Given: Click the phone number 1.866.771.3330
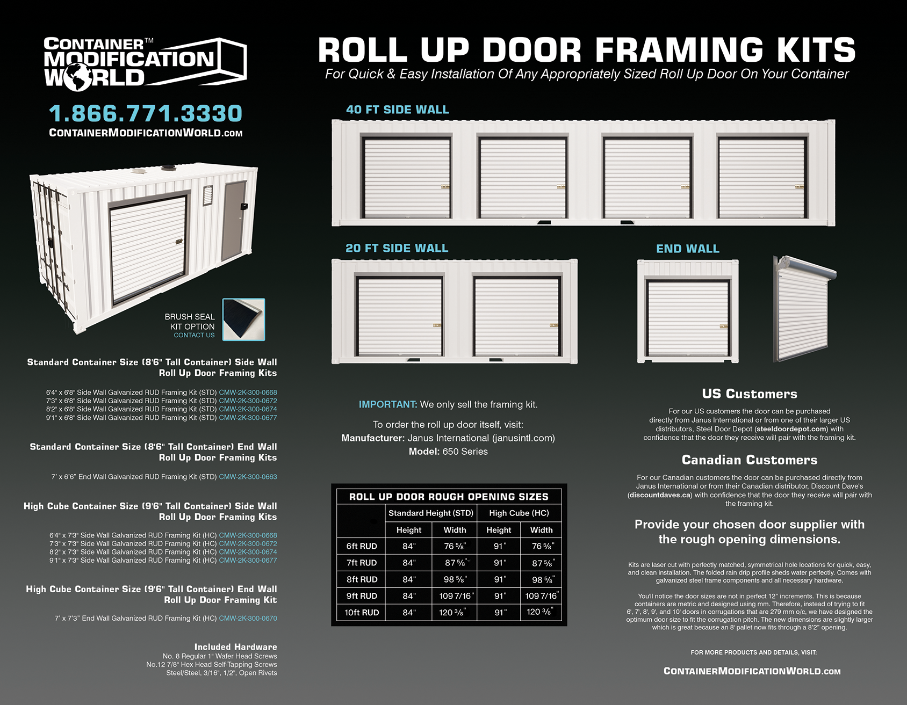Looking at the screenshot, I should (146, 113).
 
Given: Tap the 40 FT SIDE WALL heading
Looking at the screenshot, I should (397, 110).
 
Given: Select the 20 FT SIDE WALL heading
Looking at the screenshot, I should (397, 248).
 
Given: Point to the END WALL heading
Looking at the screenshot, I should (687, 249).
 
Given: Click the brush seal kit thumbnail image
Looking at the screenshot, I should (243, 319).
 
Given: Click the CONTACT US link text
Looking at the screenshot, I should (194, 335).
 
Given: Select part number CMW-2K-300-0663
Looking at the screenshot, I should (248, 477).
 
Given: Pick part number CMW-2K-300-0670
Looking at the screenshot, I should (248, 619).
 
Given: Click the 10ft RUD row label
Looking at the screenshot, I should (362, 613).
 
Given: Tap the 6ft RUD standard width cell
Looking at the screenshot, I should (455, 546).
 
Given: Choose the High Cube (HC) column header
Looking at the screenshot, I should (519, 513).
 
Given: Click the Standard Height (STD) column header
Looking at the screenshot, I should (430, 513).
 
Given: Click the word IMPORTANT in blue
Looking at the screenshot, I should (387, 404).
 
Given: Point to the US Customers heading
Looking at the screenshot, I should (750, 394).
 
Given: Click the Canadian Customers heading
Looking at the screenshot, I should (750, 460).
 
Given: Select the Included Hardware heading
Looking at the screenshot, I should (235, 647).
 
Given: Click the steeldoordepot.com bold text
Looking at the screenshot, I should (791, 429).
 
